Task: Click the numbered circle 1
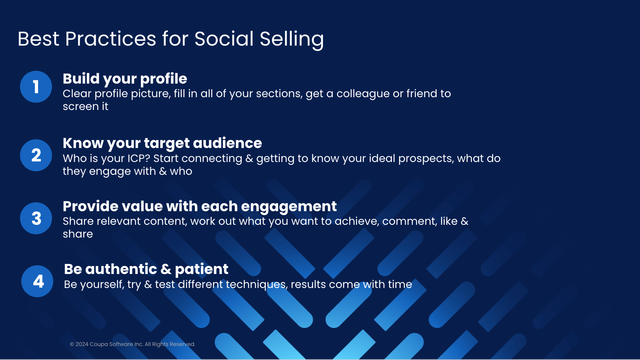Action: pos(36,87)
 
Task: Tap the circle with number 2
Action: pos(36,155)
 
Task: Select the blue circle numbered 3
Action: pos(36,218)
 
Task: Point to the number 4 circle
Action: pos(37,281)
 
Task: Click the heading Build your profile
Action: pos(125,79)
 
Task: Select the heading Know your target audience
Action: pos(162,143)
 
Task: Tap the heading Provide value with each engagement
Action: pos(200,207)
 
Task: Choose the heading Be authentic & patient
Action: pos(146,269)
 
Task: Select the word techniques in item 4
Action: pos(256,285)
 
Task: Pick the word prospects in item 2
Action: pos(426,159)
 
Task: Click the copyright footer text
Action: pos(132,344)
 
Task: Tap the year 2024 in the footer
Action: pos(82,344)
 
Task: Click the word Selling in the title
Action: pos(292,39)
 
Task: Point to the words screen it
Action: pos(85,106)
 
